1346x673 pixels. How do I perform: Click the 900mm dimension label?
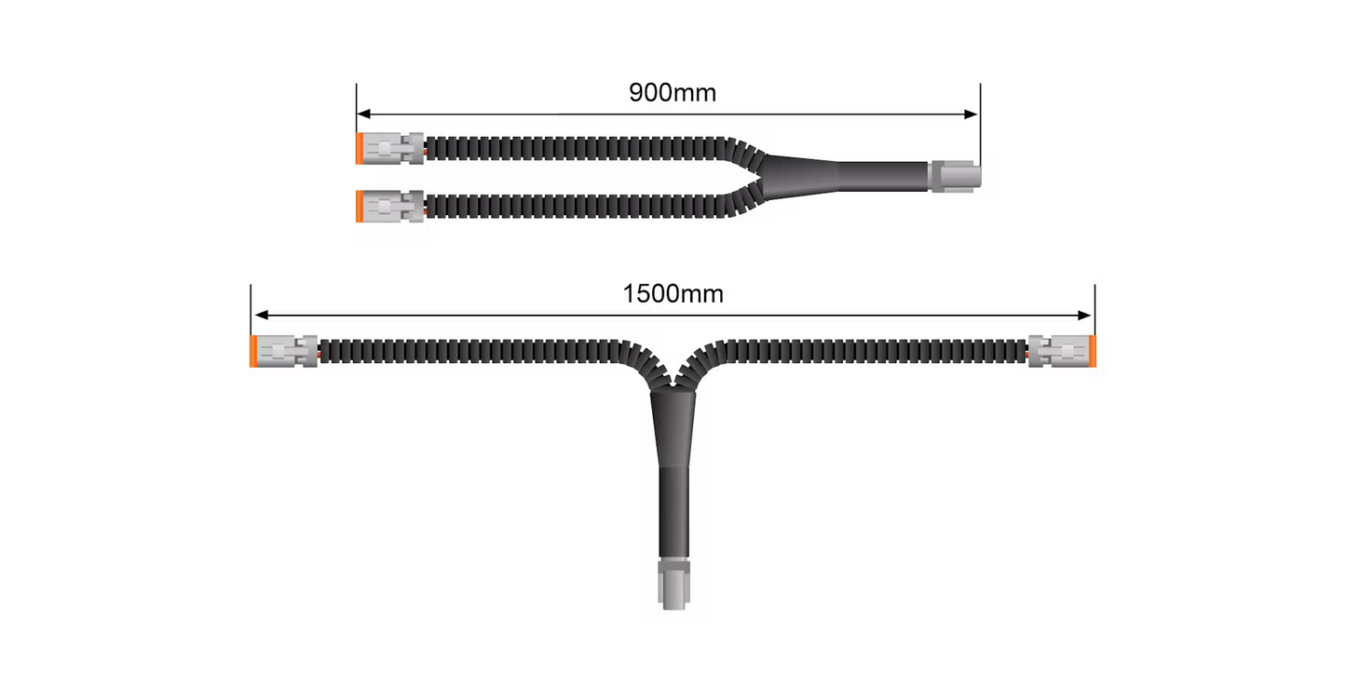[673, 93]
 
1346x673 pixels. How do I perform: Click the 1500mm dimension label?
[673, 294]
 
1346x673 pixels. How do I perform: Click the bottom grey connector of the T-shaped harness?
[673, 582]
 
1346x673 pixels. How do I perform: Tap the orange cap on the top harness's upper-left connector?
[360, 148]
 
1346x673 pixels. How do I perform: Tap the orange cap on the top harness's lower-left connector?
[360, 206]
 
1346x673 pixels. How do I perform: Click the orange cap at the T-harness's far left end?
[254, 351]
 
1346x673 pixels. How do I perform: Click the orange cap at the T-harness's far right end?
[1093, 351]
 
